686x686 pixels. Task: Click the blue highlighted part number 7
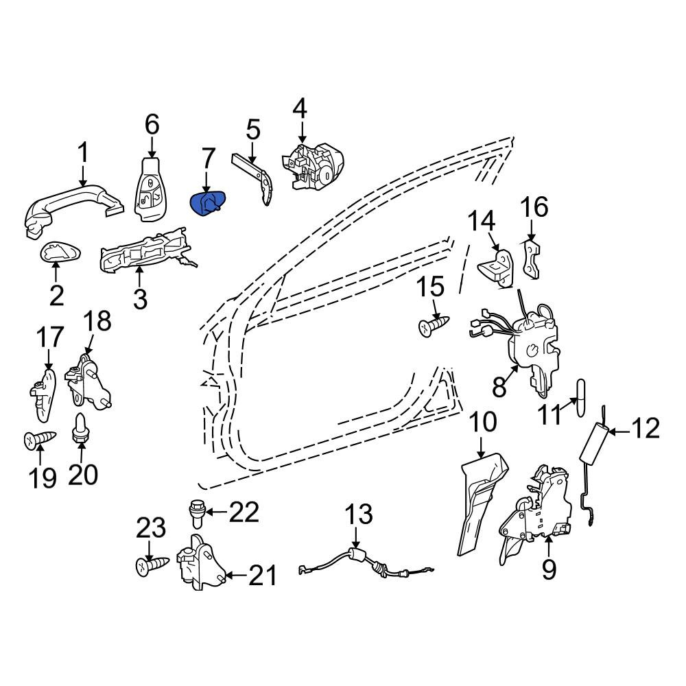click(x=208, y=204)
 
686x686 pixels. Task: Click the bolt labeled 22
click(x=198, y=513)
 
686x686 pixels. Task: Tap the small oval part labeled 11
click(x=580, y=398)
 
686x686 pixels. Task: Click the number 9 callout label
click(x=549, y=569)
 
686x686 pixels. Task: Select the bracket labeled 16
click(x=532, y=260)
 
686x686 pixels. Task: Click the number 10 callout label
click(x=484, y=421)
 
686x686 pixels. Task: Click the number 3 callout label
click(x=140, y=299)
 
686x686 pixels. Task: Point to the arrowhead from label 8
click(x=515, y=369)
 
